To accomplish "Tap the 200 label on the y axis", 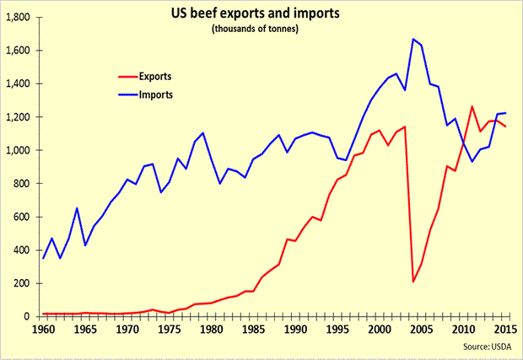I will tap(21, 283).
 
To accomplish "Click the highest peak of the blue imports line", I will tap(413, 39).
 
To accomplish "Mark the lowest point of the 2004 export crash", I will tap(413, 282).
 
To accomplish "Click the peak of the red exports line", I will tap(473, 106).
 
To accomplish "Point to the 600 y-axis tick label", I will tap(21, 217).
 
